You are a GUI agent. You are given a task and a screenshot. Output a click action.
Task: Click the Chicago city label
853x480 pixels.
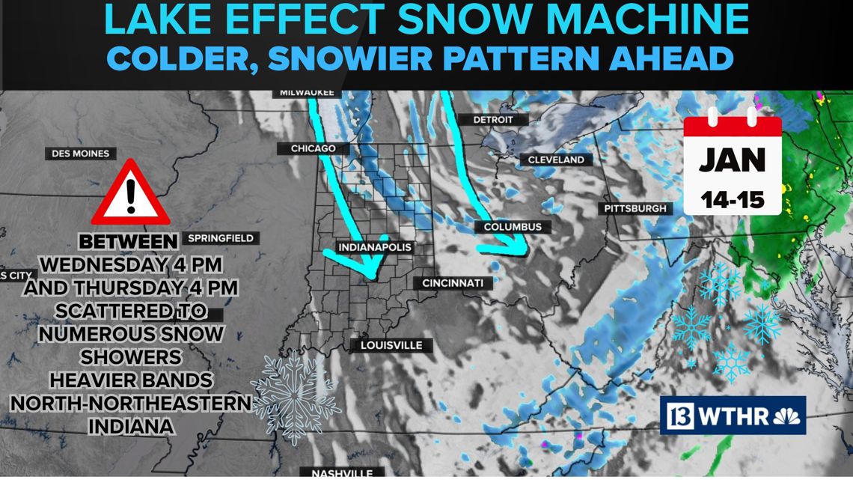[x=313, y=149]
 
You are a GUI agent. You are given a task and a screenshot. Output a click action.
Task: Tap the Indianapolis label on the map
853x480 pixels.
[x=376, y=247]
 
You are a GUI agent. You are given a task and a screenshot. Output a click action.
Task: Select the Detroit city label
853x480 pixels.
[x=493, y=120]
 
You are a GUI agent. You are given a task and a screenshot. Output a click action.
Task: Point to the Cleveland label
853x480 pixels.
[x=556, y=160]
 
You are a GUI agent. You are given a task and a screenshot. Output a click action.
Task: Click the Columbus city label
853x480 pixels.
[x=512, y=227]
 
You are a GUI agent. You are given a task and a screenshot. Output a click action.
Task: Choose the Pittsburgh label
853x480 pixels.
[x=635, y=208]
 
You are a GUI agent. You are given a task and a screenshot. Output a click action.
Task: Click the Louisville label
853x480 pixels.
[x=391, y=345]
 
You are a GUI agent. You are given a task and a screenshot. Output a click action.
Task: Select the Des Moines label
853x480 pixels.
[x=81, y=154]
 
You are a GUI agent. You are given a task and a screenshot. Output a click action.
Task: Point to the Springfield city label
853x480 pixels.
[x=221, y=238]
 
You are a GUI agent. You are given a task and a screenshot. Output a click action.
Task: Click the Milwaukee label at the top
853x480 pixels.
[x=307, y=93]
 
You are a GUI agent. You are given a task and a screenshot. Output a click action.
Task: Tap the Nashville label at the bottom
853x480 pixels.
[x=340, y=473]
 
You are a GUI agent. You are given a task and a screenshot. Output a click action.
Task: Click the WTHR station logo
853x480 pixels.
[x=732, y=415]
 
